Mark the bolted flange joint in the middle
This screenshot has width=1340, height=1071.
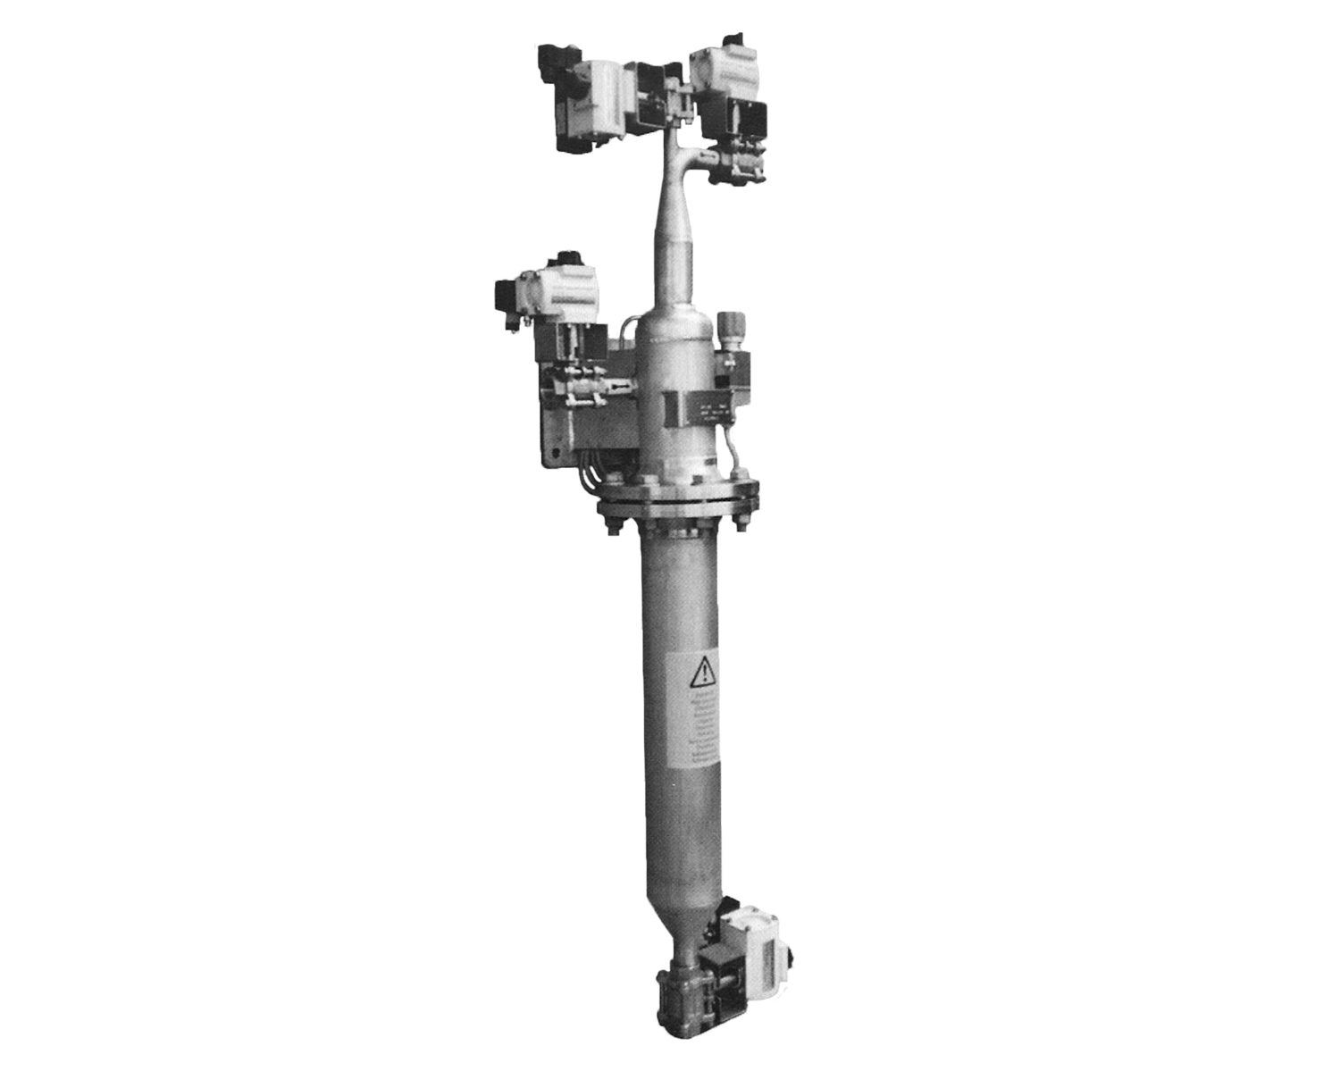[678, 499]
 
